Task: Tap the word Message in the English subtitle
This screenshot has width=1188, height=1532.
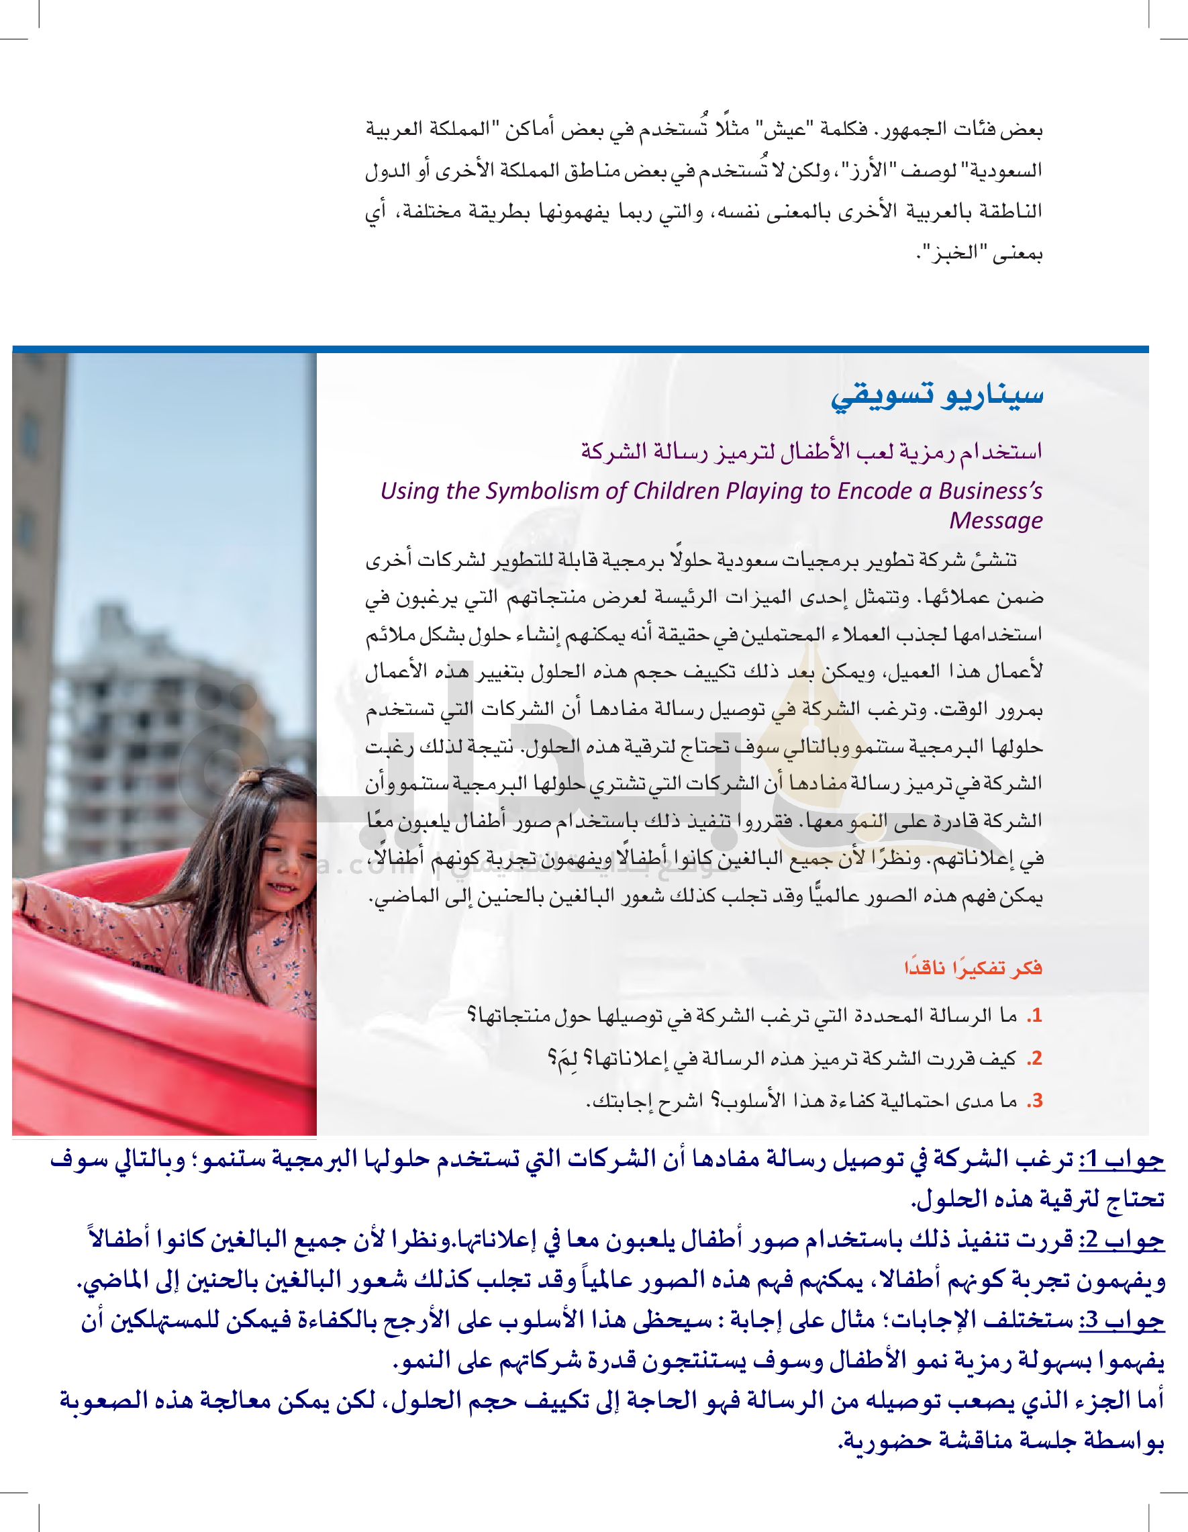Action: tap(996, 520)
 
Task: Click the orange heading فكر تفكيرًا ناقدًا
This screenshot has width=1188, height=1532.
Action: tap(973, 968)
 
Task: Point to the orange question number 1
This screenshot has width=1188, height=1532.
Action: tap(1035, 1016)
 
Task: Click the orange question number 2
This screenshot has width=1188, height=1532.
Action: tap(1035, 1059)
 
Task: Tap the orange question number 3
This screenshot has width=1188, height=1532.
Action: tap(1035, 1100)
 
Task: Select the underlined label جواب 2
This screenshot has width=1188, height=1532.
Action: tap(1122, 1241)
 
